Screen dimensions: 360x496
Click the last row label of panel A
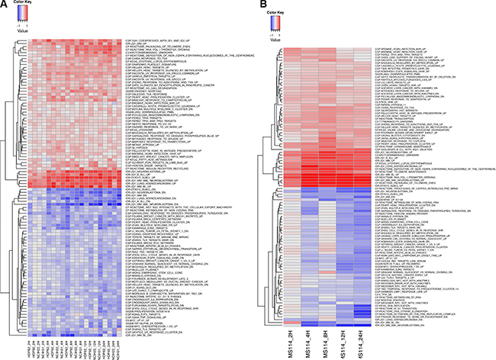coord(140,315)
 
